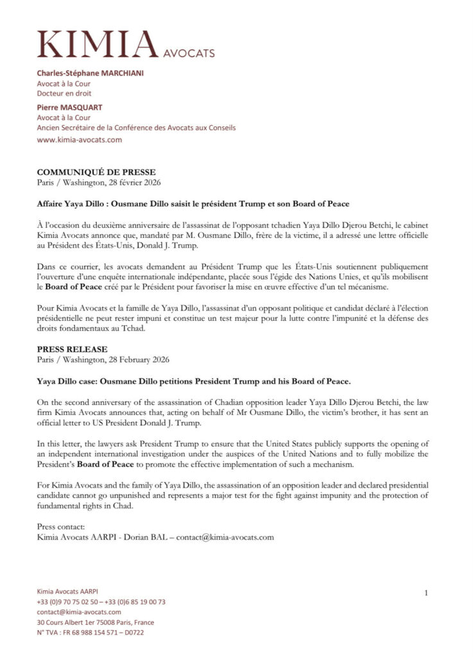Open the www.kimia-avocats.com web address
80,139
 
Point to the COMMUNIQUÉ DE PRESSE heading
96,173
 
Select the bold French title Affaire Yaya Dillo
193,204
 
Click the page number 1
426,593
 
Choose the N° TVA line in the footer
90,632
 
